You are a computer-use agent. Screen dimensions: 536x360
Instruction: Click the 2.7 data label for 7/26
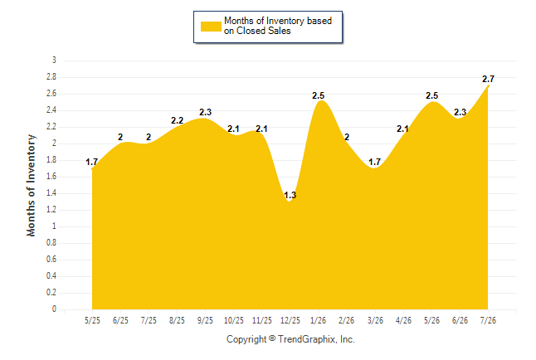(x=488, y=79)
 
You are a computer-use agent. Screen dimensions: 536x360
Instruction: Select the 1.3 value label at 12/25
(x=290, y=195)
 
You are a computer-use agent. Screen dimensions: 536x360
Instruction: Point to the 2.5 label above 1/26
(x=319, y=95)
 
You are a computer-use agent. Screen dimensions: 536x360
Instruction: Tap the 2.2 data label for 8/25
(x=177, y=120)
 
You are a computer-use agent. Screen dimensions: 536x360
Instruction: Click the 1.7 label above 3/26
(x=375, y=162)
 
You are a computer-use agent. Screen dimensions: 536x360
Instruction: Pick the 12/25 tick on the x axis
(x=290, y=320)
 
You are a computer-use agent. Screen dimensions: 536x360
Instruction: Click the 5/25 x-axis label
(x=92, y=320)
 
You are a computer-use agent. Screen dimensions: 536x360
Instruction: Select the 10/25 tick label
(x=234, y=320)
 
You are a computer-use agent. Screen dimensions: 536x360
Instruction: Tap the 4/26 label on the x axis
(x=403, y=320)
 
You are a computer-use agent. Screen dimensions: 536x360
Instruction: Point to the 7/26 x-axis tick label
(x=488, y=320)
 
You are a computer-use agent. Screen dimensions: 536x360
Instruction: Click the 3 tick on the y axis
(x=54, y=61)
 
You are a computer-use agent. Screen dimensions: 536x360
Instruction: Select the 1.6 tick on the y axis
(x=51, y=177)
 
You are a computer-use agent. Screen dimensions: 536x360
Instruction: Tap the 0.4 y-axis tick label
(x=51, y=276)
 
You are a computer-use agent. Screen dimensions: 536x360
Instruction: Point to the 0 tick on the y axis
(x=54, y=309)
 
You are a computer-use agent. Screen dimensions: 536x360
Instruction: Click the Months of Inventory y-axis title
(x=31, y=185)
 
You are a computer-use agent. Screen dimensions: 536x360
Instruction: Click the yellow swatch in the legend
(x=211, y=27)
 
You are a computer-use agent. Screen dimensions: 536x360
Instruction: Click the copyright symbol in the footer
(x=272, y=338)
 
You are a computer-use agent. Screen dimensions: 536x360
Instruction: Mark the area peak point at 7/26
(x=488, y=86)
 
